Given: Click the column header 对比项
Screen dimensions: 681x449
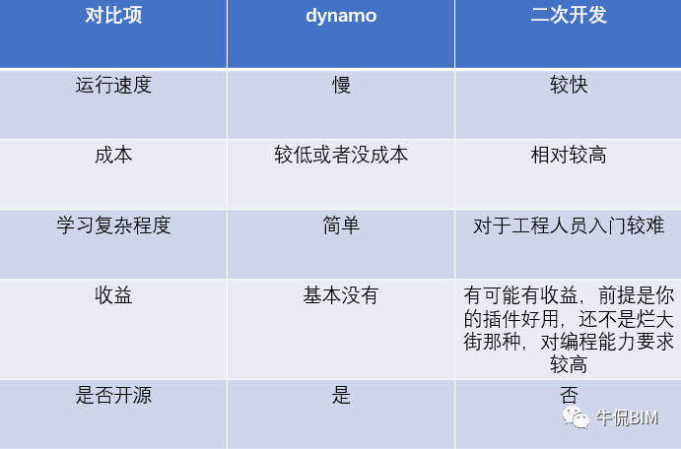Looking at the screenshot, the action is coord(113,15).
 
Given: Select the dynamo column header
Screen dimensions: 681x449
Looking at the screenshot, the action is coord(341,17).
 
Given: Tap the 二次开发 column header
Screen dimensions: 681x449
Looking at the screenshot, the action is coord(569,15).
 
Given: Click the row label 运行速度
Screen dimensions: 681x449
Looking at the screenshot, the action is coord(113,85).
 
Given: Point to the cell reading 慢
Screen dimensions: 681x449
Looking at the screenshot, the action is coord(341,85).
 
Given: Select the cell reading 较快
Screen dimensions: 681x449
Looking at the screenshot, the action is coord(569,85).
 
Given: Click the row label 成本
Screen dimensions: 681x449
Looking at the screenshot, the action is coord(113,155).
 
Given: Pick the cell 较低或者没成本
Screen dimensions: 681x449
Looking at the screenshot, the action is coord(341,155).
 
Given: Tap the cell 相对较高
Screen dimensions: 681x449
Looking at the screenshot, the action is coord(569,155).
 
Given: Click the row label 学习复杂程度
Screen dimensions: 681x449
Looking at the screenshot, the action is coord(113,225).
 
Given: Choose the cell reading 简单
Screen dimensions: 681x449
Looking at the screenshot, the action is coord(341,225).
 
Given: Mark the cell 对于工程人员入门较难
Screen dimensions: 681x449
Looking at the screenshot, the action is coord(569,225).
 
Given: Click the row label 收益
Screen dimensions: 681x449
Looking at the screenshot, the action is coord(113,295).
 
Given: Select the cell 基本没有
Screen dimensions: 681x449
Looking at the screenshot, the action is coord(341,295).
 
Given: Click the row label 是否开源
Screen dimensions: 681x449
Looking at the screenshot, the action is coord(113,395).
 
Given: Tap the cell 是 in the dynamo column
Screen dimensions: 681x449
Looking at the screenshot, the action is coord(341,395).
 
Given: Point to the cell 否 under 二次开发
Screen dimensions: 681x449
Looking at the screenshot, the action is coord(569,395).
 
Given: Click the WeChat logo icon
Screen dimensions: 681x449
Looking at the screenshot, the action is coord(576,417).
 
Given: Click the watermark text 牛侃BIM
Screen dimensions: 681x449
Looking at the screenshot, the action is coord(627,417).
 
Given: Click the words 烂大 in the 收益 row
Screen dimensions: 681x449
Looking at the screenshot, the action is coord(655,319).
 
